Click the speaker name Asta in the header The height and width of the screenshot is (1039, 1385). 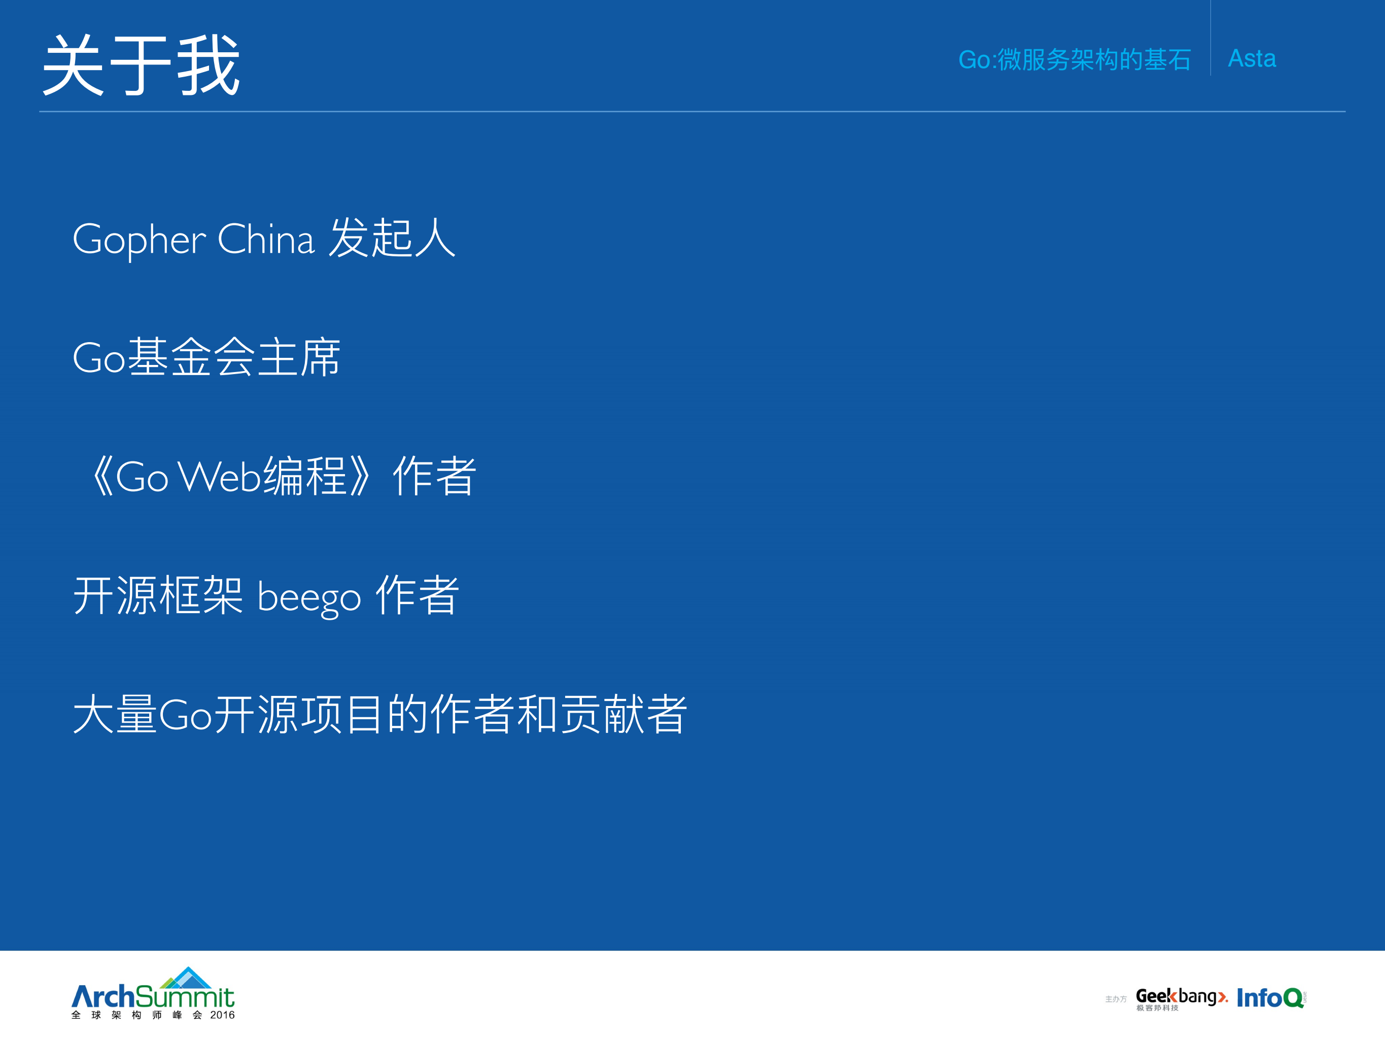[x=1251, y=59]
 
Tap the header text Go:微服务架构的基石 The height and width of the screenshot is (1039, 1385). [x=1074, y=60]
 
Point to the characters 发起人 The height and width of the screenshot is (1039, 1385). [x=392, y=238]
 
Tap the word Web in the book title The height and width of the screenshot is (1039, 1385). [x=219, y=477]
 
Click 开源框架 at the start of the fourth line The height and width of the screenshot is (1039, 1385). [x=158, y=595]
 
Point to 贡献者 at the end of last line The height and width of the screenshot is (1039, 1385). [x=624, y=715]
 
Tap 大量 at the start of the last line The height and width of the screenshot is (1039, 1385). [x=115, y=715]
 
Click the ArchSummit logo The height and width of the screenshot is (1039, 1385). [x=153, y=996]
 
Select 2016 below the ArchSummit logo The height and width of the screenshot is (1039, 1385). [x=222, y=1015]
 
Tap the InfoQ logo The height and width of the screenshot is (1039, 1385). [x=1269, y=998]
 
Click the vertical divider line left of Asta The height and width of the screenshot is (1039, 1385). [x=1210, y=38]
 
